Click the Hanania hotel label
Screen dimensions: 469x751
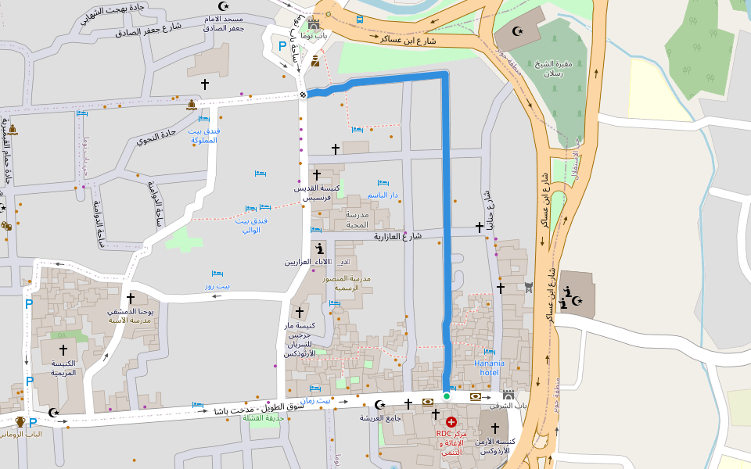pyautogui.click(x=490, y=367)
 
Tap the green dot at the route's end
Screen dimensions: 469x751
pyautogui.click(x=447, y=396)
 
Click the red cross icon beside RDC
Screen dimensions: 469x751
pyautogui.click(x=451, y=421)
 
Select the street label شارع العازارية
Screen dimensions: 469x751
pyautogui.click(x=397, y=235)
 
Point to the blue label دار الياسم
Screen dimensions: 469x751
pyautogui.click(x=383, y=195)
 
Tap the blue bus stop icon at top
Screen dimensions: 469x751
pyautogui.click(x=359, y=18)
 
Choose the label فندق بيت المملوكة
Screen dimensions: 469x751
pyautogui.click(x=204, y=135)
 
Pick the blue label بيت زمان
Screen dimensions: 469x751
pyautogui.click(x=316, y=400)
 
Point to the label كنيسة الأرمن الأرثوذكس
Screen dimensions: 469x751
pyautogui.click(x=494, y=446)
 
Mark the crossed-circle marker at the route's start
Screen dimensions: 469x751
pyautogui.click(x=304, y=95)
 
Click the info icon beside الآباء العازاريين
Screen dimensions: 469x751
pyautogui.click(x=319, y=249)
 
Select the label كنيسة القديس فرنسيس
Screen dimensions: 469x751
pyautogui.click(x=318, y=193)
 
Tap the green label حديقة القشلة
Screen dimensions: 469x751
pyautogui.click(x=262, y=418)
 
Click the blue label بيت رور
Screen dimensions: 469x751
pyautogui.click(x=217, y=286)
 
